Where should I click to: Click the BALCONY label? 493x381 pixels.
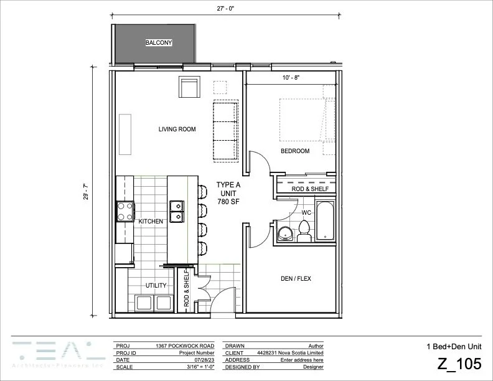pos(158,43)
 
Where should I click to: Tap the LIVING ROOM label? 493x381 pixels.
pos(177,129)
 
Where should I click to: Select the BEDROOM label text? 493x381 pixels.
pos(294,151)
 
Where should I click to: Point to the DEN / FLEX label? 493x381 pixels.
pos(295,279)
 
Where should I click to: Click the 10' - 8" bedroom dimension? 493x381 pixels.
pos(291,78)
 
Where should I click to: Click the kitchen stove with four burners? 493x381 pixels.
pos(124,212)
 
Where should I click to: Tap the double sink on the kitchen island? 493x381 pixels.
pos(176,210)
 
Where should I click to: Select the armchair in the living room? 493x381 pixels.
pos(188,87)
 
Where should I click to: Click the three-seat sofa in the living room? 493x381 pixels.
pos(225,129)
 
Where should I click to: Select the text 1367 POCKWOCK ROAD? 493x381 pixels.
pos(185,345)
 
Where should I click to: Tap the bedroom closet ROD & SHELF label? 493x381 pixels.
pos(306,188)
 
